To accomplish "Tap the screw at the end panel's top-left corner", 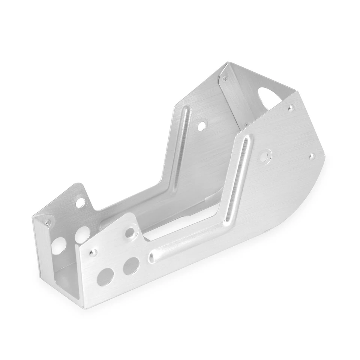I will pyautogui.click(x=225, y=78).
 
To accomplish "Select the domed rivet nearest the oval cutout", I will pyautogui.click(x=290, y=108).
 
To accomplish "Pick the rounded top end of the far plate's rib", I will pyautogui.click(x=186, y=109).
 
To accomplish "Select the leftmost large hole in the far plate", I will pyautogui.click(x=58, y=246).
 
